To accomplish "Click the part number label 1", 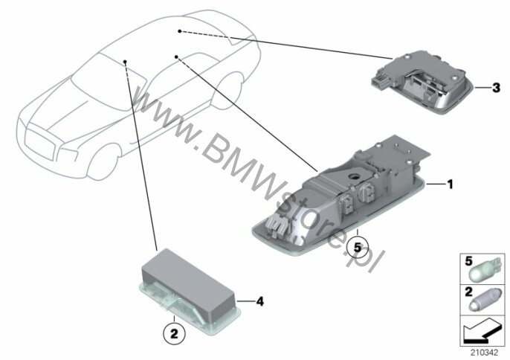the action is pyautogui.click(x=451, y=184).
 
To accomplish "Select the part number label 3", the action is pyautogui.click(x=496, y=88).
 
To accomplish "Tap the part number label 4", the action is pyautogui.click(x=260, y=302).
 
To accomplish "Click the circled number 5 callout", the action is pyautogui.click(x=358, y=248).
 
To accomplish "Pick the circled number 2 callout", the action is pyautogui.click(x=174, y=334).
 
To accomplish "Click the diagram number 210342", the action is pyautogui.click(x=485, y=353).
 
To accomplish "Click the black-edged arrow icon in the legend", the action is pyautogui.click(x=482, y=331).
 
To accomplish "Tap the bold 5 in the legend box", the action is pyautogui.click(x=468, y=261).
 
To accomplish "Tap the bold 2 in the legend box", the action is pyautogui.click(x=468, y=292).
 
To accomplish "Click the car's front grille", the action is pyautogui.click(x=39, y=144).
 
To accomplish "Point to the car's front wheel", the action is pyautogui.click(x=103, y=163).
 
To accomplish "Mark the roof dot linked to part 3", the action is pyautogui.click(x=180, y=31).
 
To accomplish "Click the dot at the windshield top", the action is pyautogui.click(x=125, y=62).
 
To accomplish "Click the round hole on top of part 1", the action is pyautogui.click(x=353, y=177).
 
